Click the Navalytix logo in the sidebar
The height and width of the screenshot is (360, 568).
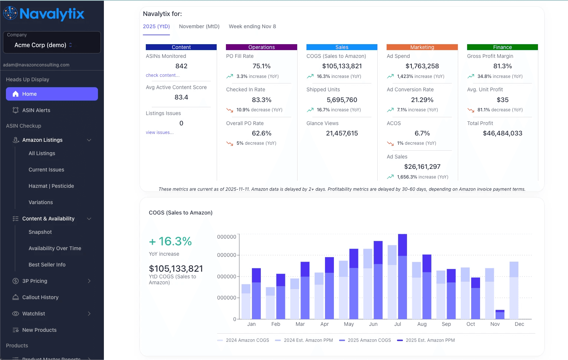tap(44, 14)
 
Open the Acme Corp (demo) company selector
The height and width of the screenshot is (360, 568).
tap(52, 45)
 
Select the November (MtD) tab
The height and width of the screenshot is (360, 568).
tap(199, 26)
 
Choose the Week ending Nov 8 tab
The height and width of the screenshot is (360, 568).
tap(252, 26)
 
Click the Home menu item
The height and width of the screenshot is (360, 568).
tap(52, 94)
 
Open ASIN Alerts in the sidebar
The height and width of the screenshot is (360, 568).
tap(36, 110)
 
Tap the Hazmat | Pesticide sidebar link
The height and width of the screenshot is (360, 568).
tap(51, 186)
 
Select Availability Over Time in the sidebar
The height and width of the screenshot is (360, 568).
tap(55, 248)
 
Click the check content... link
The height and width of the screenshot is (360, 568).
tap(162, 75)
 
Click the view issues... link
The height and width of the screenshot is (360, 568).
tap(160, 132)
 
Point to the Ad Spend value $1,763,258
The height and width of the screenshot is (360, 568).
tap(422, 66)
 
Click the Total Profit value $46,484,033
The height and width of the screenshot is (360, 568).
tap(502, 133)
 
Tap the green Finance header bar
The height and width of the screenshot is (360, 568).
tap(502, 47)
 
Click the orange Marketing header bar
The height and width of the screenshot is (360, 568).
tap(422, 47)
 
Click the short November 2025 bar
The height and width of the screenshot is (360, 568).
tap(500, 315)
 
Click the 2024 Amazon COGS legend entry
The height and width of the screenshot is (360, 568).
tap(247, 340)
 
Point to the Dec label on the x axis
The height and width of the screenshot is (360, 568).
tap(519, 324)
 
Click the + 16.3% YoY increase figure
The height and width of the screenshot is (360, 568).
tap(170, 242)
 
